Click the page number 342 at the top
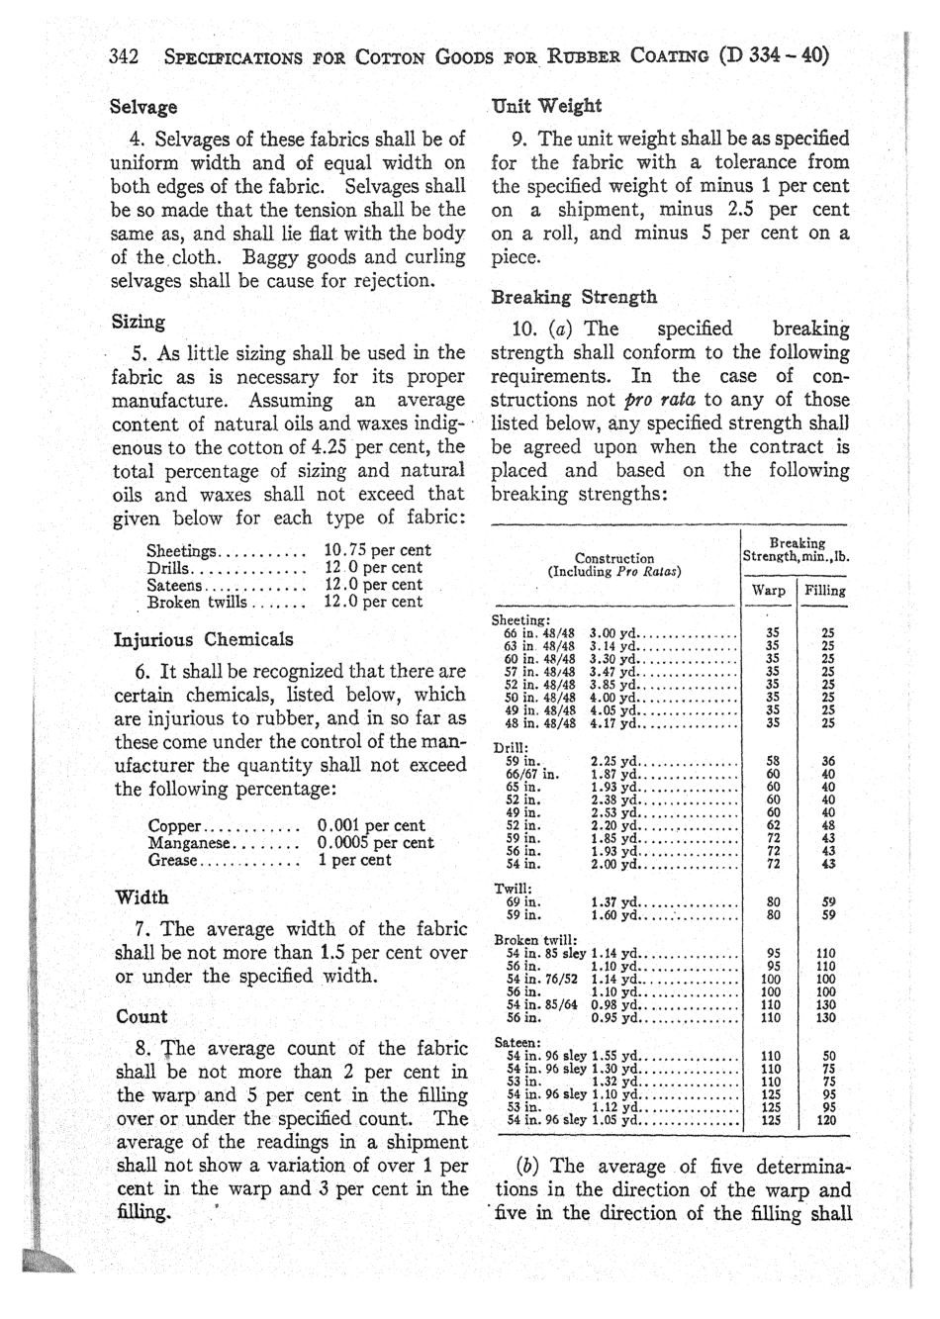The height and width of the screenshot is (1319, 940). point(124,55)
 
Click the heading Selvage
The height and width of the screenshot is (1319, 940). point(144,107)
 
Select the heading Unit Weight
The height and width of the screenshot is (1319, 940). point(546,106)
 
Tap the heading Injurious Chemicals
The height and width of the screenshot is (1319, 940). point(204,639)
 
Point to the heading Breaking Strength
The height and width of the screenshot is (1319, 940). point(574,297)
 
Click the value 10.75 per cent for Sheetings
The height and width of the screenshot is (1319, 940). point(377,550)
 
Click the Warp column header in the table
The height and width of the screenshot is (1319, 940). point(769,590)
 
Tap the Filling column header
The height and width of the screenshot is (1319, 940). point(824,590)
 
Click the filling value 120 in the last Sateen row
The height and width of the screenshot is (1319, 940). point(827,1121)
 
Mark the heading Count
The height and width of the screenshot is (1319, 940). point(141,1016)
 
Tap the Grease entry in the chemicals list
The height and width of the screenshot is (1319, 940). point(173,861)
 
